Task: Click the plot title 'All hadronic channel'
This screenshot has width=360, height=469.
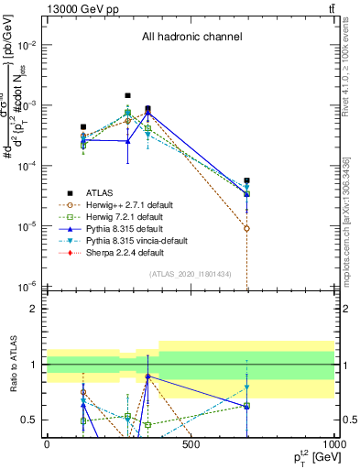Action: (x=191, y=38)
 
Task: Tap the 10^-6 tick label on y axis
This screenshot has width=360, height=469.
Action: (x=27, y=286)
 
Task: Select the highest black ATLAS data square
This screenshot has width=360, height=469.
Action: (x=127, y=95)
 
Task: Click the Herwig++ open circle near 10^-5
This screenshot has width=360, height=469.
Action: (x=247, y=228)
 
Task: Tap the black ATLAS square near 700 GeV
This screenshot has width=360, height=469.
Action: (x=247, y=180)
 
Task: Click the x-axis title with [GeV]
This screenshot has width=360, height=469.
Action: (x=311, y=457)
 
